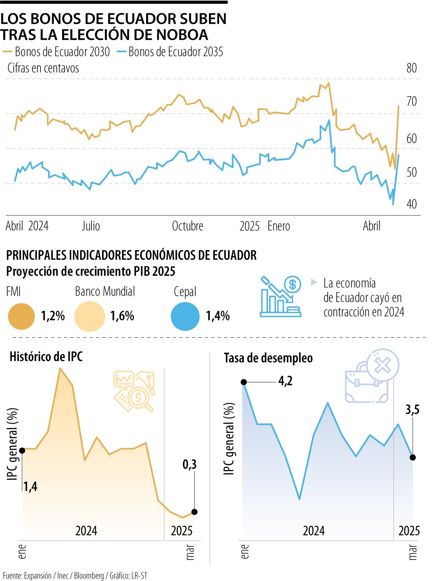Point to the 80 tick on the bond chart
coord(412,68)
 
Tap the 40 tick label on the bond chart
coord(412,204)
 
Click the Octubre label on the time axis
coord(187,226)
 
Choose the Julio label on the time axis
coord(91,226)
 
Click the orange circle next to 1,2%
coord(21,316)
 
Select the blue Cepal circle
coord(185,317)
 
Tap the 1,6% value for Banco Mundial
coord(122,316)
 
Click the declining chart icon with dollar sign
coord(281,296)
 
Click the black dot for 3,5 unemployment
coord(413,457)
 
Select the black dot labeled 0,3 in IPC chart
coord(195,512)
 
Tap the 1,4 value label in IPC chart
coord(30,487)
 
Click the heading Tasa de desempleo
coord(268,358)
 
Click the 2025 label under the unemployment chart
coord(409,531)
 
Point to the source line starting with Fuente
coord(75,576)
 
